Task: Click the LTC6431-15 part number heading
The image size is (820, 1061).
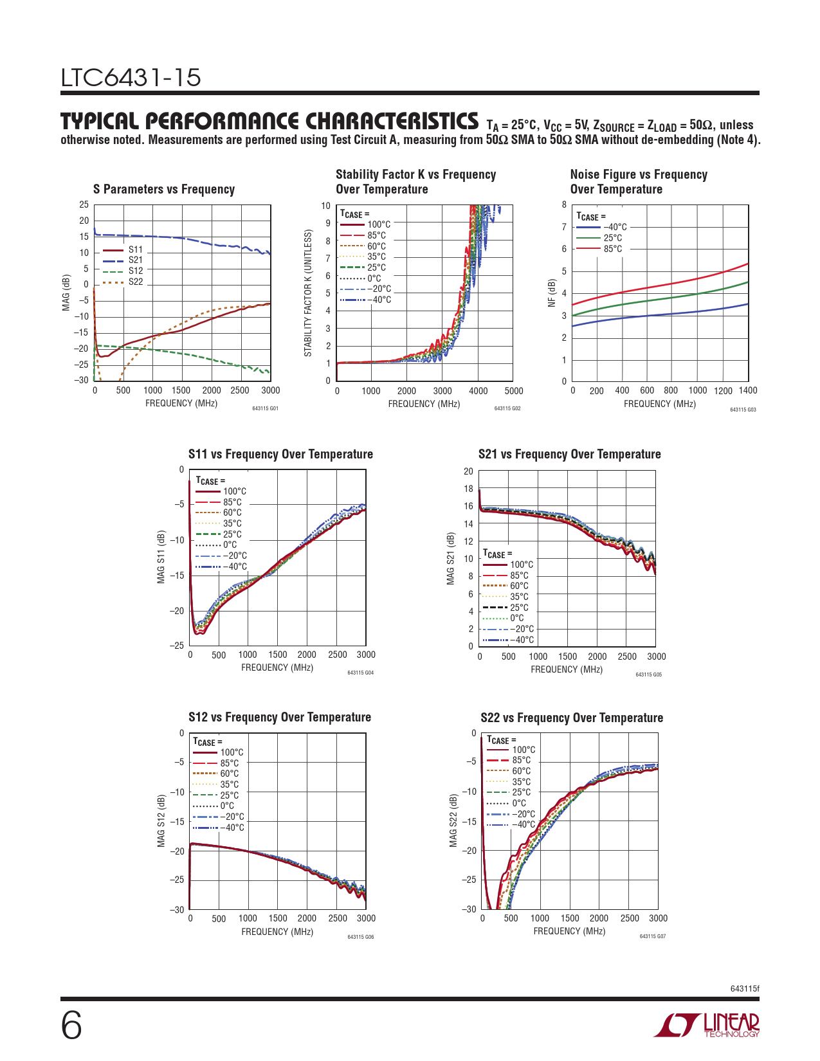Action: (131, 78)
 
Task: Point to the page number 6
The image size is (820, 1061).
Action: (71, 1025)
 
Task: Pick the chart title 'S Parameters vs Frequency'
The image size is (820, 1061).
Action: (164, 189)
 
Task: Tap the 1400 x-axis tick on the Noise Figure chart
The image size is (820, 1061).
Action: (748, 390)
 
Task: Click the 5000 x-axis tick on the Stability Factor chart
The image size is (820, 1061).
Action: (514, 391)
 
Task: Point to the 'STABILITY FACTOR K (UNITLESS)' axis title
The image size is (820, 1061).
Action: (308, 293)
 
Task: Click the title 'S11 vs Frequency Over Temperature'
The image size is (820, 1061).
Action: (280, 454)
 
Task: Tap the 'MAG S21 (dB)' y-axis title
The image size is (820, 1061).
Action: (451, 558)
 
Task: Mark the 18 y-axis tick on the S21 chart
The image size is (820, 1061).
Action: (468, 489)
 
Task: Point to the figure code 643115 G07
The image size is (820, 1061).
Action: (652, 936)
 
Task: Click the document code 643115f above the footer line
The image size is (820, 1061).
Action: (745, 988)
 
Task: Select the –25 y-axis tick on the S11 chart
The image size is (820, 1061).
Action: (176, 646)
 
